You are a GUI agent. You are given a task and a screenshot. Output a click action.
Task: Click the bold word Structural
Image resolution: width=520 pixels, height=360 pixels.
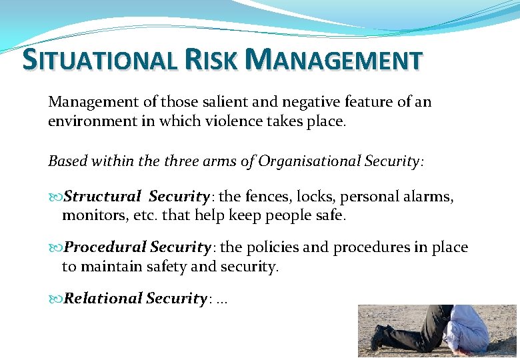102,197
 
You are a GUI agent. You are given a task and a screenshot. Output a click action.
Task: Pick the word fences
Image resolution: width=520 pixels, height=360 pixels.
268,197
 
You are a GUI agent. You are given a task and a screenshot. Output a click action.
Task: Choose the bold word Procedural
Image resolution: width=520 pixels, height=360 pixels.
105,247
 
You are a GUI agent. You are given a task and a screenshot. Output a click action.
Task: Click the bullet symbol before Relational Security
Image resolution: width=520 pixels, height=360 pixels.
55,299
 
